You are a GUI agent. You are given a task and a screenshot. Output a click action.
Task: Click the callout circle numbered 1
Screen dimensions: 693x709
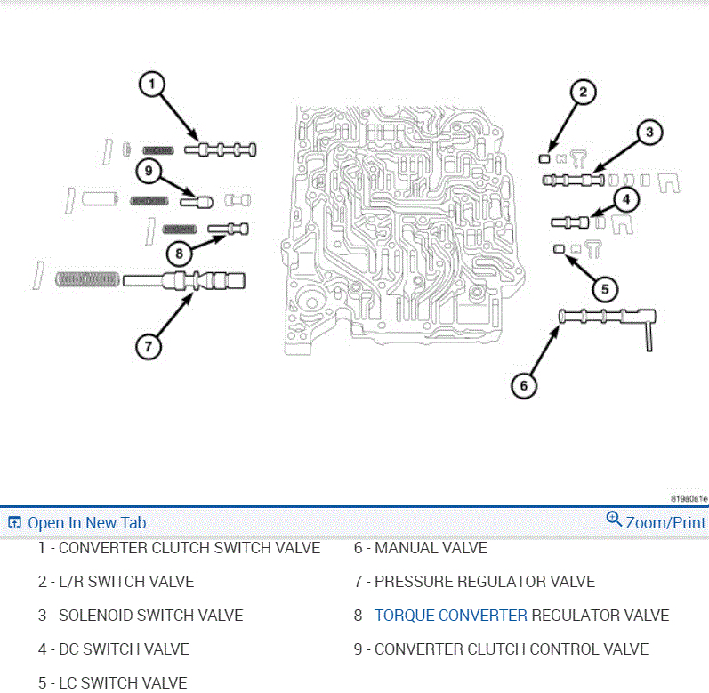point(152,85)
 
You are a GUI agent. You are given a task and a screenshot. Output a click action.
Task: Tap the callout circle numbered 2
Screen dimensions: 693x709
point(583,92)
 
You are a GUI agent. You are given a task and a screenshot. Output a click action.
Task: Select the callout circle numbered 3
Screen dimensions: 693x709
point(649,133)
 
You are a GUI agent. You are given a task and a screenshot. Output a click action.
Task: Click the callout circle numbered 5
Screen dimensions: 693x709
point(604,288)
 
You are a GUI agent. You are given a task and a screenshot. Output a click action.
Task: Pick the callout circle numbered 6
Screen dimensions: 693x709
point(524,384)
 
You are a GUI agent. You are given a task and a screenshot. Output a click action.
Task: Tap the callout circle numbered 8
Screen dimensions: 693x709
point(179,253)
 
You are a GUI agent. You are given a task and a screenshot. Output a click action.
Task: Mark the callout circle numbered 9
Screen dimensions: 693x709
point(149,170)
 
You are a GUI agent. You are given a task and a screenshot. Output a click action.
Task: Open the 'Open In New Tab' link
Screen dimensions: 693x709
point(86,523)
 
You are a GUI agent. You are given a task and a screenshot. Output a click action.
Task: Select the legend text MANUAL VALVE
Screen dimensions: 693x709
point(431,548)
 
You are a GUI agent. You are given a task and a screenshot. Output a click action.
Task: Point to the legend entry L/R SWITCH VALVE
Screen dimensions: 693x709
point(125,582)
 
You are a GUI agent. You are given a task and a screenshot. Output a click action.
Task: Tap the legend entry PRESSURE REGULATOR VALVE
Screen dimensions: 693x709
point(484,582)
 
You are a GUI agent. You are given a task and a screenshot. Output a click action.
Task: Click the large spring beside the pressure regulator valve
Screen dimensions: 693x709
point(87,279)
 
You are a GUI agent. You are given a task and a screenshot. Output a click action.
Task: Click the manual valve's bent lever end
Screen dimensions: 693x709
point(651,330)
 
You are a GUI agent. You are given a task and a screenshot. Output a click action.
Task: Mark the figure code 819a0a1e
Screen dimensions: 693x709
point(689,499)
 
